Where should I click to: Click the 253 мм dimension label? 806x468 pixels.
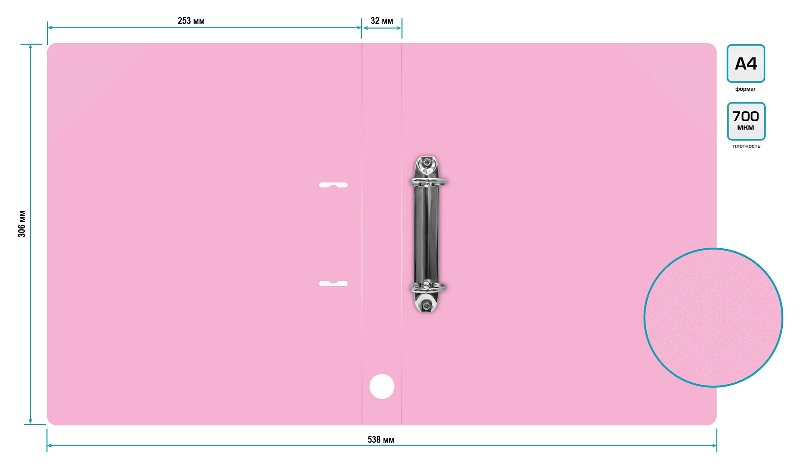coord(191,21)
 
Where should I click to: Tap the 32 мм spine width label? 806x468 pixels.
coord(382,21)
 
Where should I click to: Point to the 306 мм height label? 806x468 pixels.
coord(22,224)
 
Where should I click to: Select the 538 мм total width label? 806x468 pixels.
coord(381,439)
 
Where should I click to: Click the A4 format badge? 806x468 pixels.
coord(746,63)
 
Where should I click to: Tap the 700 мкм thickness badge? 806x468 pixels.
coord(746,121)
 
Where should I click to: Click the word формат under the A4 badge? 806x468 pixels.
coord(746,89)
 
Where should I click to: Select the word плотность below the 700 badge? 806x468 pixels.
coord(746,146)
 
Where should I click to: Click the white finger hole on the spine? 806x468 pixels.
coord(382,386)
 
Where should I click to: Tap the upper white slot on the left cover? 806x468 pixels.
coord(333,185)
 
